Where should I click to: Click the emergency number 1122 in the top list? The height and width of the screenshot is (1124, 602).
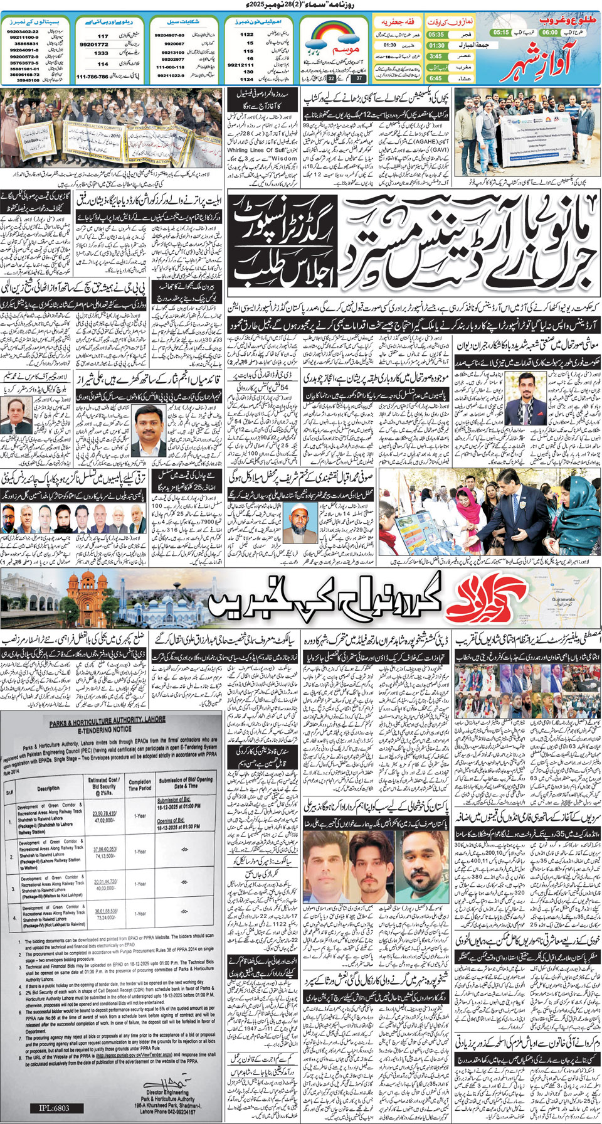pyautogui.click(x=246, y=35)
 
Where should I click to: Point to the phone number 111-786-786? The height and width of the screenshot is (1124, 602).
pyautogui.click(x=92, y=76)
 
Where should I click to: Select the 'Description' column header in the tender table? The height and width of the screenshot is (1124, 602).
pyautogui.click(x=48, y=788)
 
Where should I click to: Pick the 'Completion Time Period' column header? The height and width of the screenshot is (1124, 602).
pyautogui.click(x=140, y=785)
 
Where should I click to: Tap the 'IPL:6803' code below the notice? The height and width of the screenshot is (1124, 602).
pyautogui.click(x=54, y=1108)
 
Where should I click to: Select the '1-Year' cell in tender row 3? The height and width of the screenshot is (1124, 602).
pyautogui.click(x=140, y=884)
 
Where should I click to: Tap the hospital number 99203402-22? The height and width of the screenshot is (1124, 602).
pyautogui.click(x=23, y=31)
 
